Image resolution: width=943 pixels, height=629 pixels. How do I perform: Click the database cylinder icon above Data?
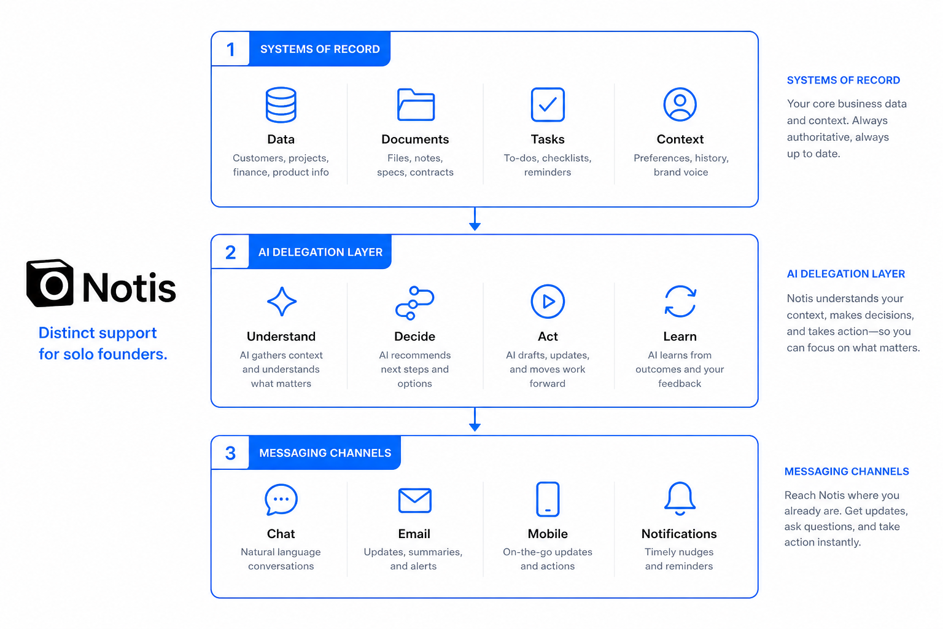[281, 104]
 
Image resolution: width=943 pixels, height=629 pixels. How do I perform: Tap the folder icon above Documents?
[416, 104]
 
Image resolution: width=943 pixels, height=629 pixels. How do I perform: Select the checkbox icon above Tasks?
[547, 104]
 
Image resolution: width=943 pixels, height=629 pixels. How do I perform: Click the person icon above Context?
[680, 104]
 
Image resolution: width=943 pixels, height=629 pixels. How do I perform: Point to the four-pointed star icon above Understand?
[282, 301]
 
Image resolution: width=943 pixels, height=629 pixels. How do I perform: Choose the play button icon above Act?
[547, 301]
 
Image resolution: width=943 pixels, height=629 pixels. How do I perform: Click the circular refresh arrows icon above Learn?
[680, 301]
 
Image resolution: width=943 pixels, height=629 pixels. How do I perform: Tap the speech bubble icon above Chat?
[281, 499]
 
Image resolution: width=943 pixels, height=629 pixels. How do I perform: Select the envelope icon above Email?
[414, 501]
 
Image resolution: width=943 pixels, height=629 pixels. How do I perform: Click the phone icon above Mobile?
[547, 499]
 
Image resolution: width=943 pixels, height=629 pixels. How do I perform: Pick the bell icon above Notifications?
[680, 499]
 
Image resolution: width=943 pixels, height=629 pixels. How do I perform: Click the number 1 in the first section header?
[230, 50]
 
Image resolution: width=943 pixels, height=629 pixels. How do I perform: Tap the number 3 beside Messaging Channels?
[230, 453]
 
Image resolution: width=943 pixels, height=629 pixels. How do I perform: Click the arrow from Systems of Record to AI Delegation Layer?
[475, 219]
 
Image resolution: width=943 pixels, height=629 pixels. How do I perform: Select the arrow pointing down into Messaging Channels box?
[475, 419]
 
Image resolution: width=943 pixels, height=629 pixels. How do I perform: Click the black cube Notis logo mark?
[50, 283]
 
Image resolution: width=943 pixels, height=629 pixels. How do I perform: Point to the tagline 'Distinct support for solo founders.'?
[103, 343]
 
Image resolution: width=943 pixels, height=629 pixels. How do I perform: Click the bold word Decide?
[414, 336]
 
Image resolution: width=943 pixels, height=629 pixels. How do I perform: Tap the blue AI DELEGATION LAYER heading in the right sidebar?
[846, 274]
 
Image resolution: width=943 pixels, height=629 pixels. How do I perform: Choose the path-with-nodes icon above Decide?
[414, 302]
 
